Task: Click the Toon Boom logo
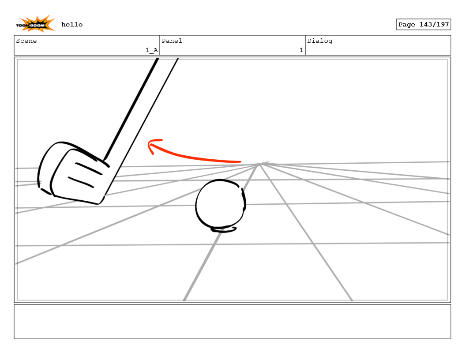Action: (x=36, y=24)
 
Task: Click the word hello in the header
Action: (x=72, y=24)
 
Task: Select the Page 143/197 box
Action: (x=423, y=24)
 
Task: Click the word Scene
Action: (x=26, y=41)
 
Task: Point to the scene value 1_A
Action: (x=151, y=50)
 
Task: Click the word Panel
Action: (x=172, y=41)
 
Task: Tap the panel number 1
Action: (x=301, y=50)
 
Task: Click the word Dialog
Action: (x=320, y=41)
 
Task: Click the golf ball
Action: (x=220, y=204)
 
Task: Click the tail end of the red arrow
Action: (x=239, y=162)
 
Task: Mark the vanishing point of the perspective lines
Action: (x=262, y=164)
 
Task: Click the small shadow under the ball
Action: (x=224, y=229)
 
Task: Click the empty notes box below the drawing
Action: (x=232, y=321)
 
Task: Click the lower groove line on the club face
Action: (x=80, y=182)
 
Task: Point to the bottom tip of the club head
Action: (x=100, y=203)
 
